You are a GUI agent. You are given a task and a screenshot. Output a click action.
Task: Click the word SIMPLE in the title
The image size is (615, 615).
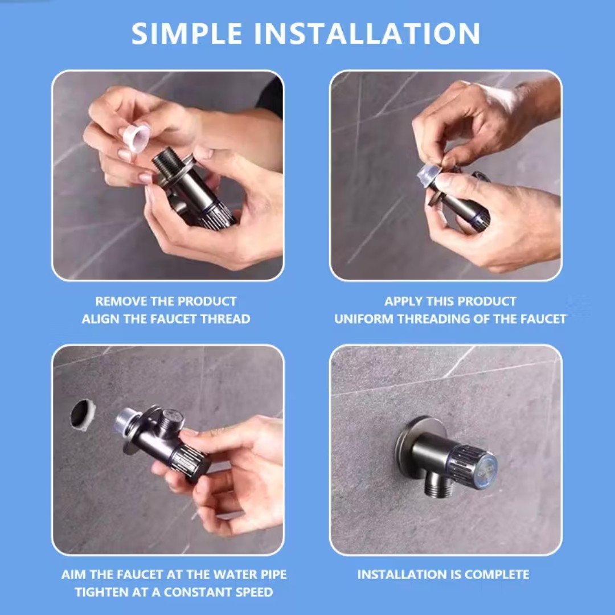[x=186, y=34]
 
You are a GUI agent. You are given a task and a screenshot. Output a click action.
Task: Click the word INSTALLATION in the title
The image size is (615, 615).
[x=367, y=34]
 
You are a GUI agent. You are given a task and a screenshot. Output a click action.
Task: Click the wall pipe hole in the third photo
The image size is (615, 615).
[x=83, y=415]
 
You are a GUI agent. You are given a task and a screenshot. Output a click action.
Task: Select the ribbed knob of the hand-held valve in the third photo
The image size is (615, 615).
[x=191, y=462]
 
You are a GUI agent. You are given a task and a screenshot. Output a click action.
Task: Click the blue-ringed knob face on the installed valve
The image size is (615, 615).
[x=485, y=469]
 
